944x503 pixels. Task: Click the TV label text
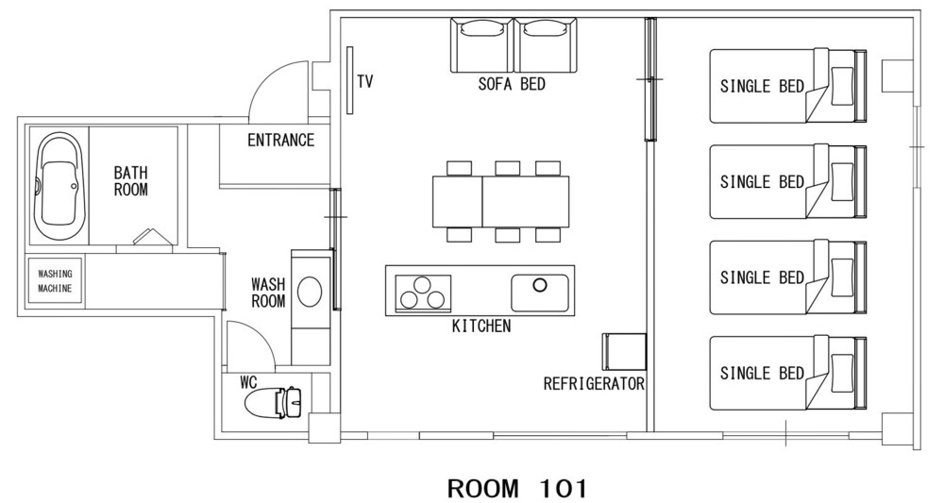click(x=364, y=81)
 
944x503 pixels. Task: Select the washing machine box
click(x=56, y=281)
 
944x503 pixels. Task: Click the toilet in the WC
click(x=274, y=401)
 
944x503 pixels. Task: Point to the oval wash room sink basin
click(x=310, y=292)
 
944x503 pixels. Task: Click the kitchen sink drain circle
click(x=540, y=285)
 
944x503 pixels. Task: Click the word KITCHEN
click(x=481, y=327)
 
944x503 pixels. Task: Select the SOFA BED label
click(x=512, y=84)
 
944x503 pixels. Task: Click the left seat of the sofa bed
click(x=482, y=45)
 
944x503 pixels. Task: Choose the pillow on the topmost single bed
click(x=842, y=86)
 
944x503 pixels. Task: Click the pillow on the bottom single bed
click(x=842, y=373)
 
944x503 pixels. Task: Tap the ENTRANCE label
click(x=281, y=141)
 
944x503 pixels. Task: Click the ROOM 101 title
click(x=517, y=488)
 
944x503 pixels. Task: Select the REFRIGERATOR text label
click(x=594, y=384)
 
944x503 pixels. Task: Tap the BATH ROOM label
click(x=130, y=181)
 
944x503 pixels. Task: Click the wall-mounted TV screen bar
click(x=349, y=80)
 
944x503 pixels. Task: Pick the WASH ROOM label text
click(x=268, y=293)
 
